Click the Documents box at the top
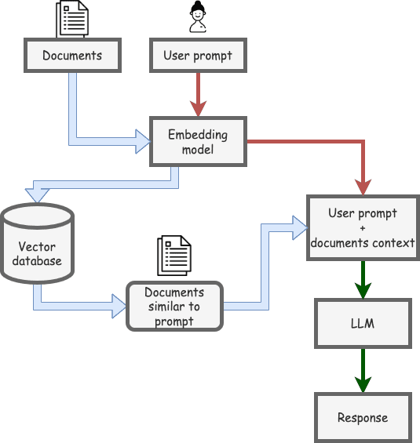click(x=73, y=56)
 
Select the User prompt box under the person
click(x=198, y=56)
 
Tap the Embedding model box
click(x=198, y=142)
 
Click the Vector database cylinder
click(x=37, y=244)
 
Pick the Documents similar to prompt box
click(x=174, y=306)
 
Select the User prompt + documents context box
click(x=363, y=227)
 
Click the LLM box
click(x=363, y=324)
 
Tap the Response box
click(x=363, y=418)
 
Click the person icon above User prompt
click(x=198, y=17)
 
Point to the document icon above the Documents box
click(x=72, y=19)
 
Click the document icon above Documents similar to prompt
click(x=174, y=256)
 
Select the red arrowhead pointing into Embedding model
click(x=198, y=108)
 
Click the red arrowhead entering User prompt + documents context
click(x=363, y=187)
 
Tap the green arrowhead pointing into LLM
click(x=363, y=290)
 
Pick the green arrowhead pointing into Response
click(x=363, y=384)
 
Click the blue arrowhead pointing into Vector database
click(x=37, y=195)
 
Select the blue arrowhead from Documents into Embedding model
click(x=143, y=142)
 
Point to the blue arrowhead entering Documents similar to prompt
click(x=119, y=307)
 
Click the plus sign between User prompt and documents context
click(x=363, y=228)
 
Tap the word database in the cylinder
click(x=37, y=261)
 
